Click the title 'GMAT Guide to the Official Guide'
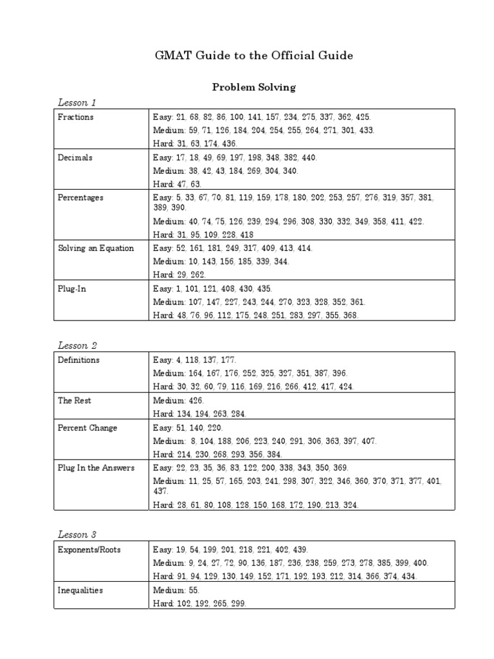[x=253, y=56]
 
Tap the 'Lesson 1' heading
[x=77, y=102]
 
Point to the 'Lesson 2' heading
[x=77, y=346]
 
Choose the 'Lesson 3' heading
[x=77, y=535]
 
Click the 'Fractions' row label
[x=75, y=117]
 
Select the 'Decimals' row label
[x=75, y=158]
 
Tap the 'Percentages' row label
[x=80, y=198]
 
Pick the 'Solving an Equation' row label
[x=95, y=248]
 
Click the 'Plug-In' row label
[x=72, y=289]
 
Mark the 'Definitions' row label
[x=78, y=360]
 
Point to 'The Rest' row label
[x=74, y=400]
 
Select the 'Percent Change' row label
[x=87, y=427]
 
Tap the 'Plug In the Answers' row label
[x=96, y=468]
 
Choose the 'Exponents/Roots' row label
[x=89, y=550]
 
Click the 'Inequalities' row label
[x=80, y=590]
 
